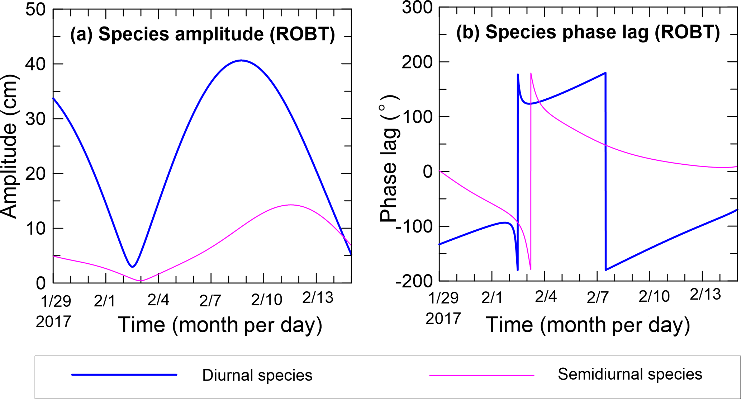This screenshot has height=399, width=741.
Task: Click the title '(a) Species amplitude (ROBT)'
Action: (203, 34)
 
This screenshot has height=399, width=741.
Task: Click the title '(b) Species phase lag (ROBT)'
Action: (588, 33)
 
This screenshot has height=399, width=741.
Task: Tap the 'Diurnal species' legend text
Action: (257, 375)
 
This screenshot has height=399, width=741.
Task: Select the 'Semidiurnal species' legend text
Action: (630, 374)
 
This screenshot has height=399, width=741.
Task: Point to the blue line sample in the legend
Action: (124, 375)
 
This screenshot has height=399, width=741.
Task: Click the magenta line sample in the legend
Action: (481, 375)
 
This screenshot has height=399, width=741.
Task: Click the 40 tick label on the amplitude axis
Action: (35, 64)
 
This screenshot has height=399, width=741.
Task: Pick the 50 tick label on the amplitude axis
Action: (35, 9)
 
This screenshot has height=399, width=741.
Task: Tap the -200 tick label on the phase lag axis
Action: (414, 281)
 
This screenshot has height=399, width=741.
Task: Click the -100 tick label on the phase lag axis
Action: (414, 226)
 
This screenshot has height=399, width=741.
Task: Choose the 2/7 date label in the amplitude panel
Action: (210, 301)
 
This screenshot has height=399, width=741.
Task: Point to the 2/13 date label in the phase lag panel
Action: (705, 295)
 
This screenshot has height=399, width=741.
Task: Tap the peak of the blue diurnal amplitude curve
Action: (241, 60)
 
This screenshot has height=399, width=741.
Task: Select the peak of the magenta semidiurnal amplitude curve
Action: (291, 205)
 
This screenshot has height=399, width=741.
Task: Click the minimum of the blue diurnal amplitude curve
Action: (133, 267)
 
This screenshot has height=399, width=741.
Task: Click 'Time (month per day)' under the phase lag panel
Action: (588, 325)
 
